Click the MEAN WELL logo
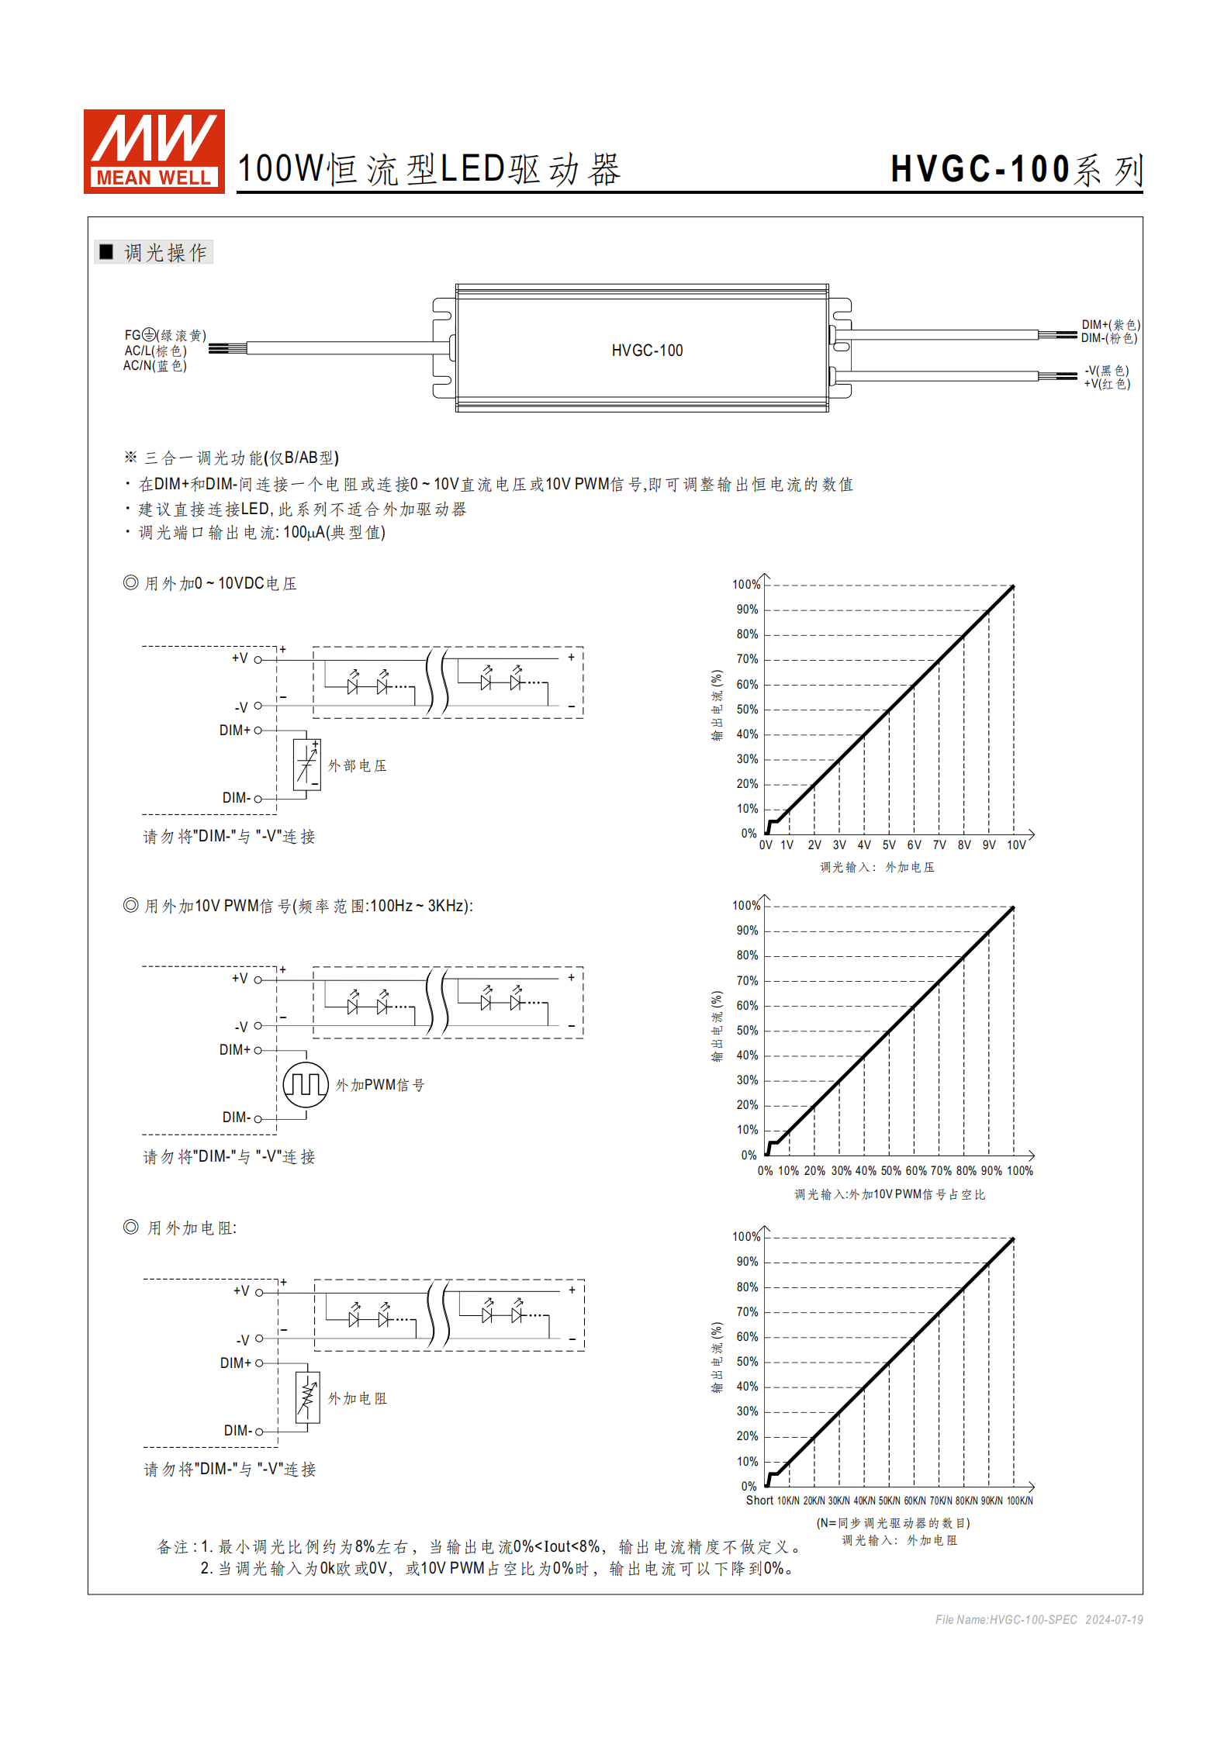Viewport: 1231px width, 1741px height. pos(154,151)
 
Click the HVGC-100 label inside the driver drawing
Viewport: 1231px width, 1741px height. pos(647,351)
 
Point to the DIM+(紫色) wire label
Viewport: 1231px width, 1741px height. pos(1110,325)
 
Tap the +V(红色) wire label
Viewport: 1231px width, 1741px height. pos(1107,384)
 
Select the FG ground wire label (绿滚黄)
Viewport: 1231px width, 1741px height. pos(165,335)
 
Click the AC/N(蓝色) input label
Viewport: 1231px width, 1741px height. pos(154,365)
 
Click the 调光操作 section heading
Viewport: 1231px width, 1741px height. pos(164,253)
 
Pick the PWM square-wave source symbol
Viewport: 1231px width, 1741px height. pos(306,1084)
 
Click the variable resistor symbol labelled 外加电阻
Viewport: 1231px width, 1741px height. pos(308,1397)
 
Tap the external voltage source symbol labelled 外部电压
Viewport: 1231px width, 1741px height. pos(307,765)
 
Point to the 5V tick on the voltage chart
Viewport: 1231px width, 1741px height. pos(889,845)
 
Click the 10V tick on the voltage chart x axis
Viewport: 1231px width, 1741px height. pos(1016,845)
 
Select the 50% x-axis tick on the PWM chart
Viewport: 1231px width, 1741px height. pos(890,1171)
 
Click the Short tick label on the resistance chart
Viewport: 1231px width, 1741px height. pos(759,1501)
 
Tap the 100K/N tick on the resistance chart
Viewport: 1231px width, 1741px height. pos(1019,1501)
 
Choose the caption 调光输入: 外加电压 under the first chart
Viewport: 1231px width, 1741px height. pos(877,867)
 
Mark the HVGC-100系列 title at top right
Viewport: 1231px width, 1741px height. pos(1016,170)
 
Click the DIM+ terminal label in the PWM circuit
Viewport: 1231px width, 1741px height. pos(235,1050)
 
